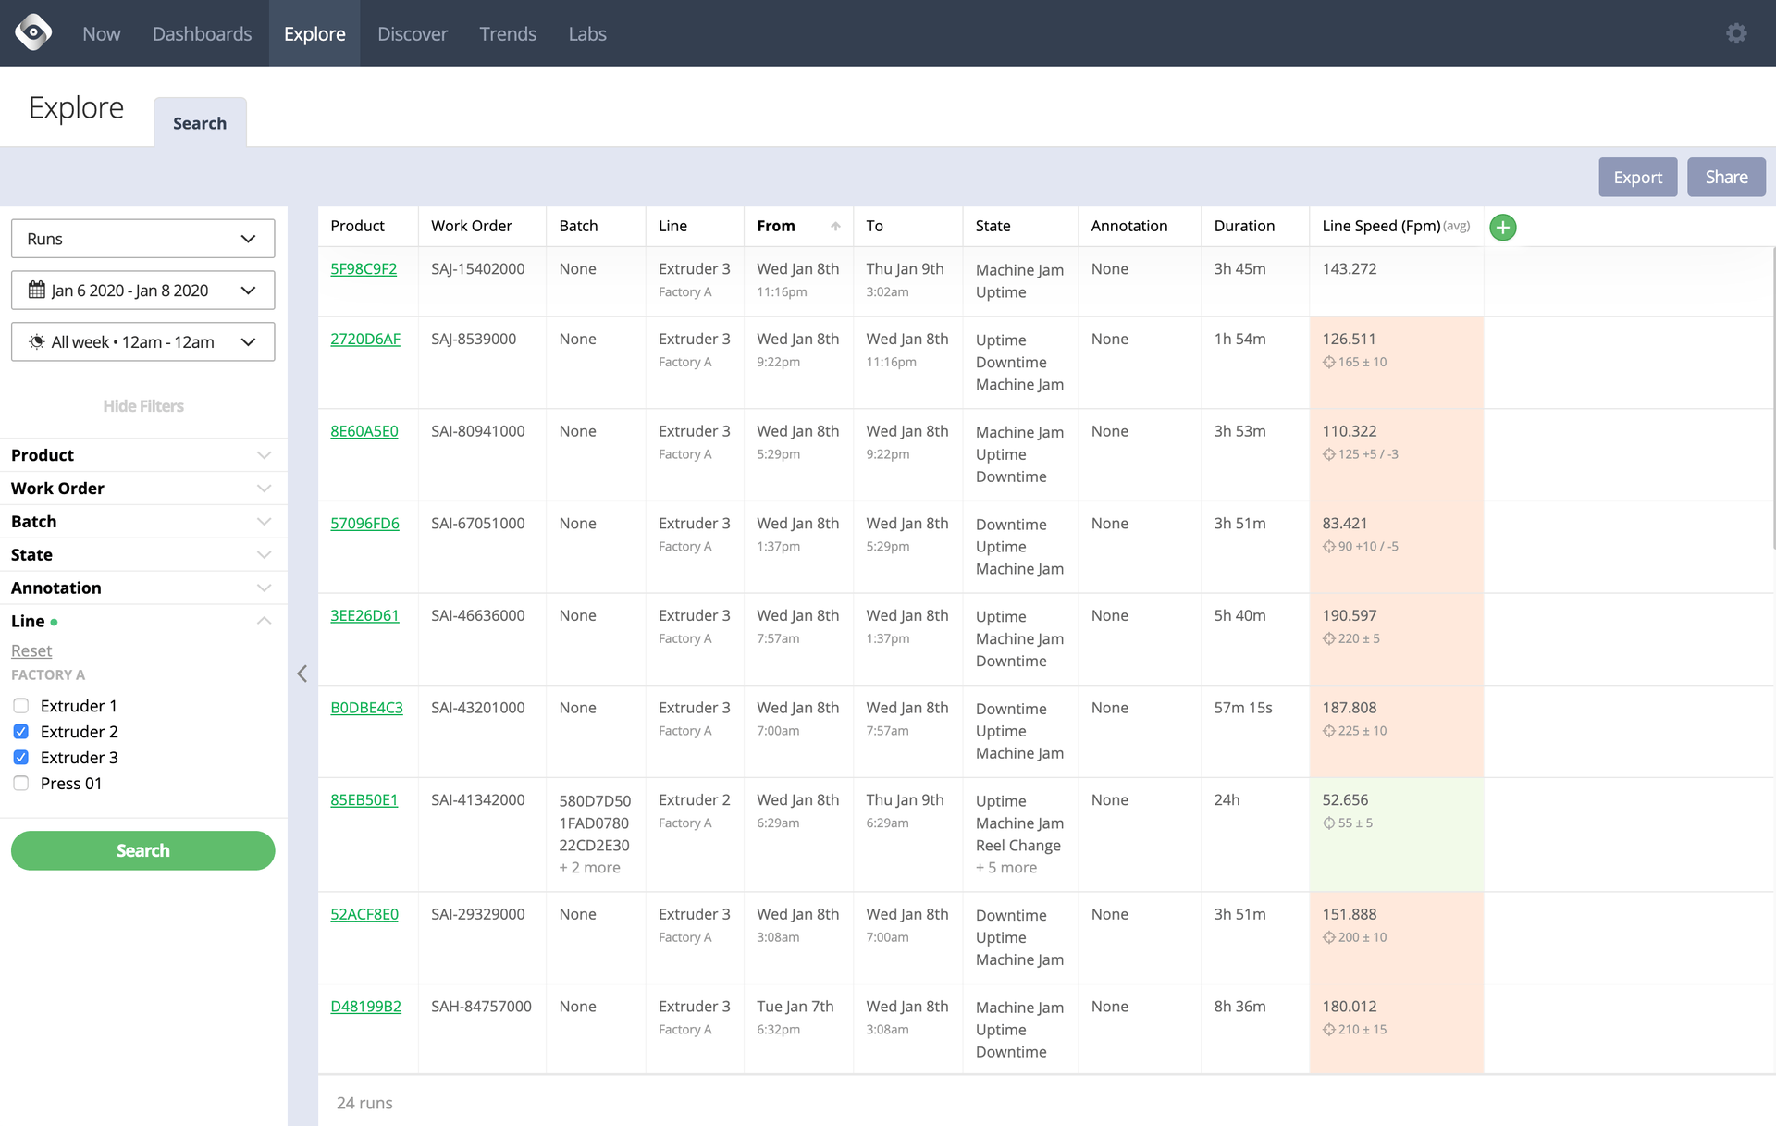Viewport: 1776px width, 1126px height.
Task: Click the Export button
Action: pyautogui.click(x=1637, y=177)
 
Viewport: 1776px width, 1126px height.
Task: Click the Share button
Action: pyautogui.click(x=1725, y=177)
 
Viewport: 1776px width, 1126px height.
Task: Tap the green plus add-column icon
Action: pyautogui.click(x=1502, y=227)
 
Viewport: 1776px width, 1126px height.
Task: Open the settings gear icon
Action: pyautogui.click(x=1736, y=33)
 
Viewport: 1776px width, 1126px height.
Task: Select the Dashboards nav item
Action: pyautogui.click(x=202, y=33)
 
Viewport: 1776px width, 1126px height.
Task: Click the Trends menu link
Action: pyautogui.click(x=507, y=33)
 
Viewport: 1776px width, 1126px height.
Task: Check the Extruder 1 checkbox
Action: pyautogui.click(x=21, y=706)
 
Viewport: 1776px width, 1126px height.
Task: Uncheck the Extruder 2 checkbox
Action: pyautogui.click(x=21, y=732)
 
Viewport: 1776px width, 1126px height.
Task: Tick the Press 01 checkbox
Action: pyautogui.click(x=21, y=784)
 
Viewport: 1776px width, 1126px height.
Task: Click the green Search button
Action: pyautogui.click(x=142, y=850)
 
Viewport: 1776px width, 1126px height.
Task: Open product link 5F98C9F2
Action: pyautogui.click(x=364, y=269)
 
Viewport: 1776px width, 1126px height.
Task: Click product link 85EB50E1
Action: pyautogui.click(x=364, y=800)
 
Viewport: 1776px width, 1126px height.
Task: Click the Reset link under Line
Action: pyautogui.click(x=31, y=650)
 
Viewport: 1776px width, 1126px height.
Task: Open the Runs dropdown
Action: pyautogui.click(x=142, y=239)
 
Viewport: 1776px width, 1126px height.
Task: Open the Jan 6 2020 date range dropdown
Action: pyautogui.click(x=142, y=291)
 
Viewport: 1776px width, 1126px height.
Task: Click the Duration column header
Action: pyautogui.click(x=1243, y=226)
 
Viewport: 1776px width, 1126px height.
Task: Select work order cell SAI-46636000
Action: pyautogui.click(x=477, y=616)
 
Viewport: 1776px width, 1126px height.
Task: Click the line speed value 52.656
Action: pyautogui.click(x=1345, y=800)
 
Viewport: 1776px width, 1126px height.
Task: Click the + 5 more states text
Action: pyautogui.click(x=1006, y=868)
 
